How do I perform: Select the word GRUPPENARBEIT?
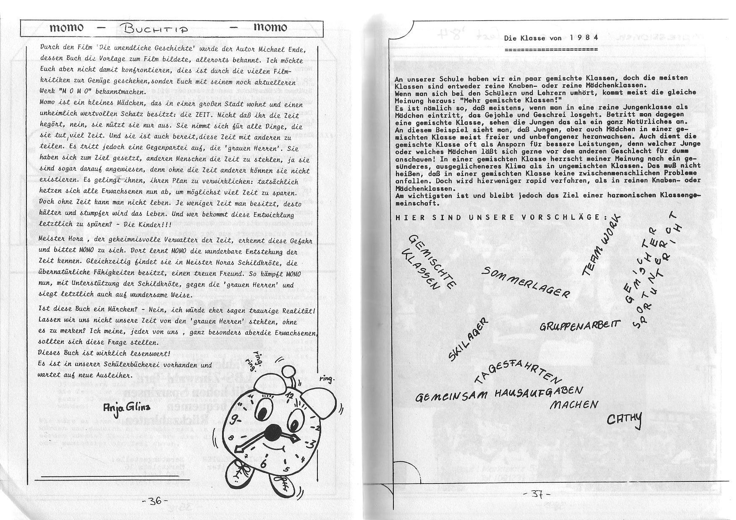pos(580,325)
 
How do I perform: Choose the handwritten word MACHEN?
pos(574,405)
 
